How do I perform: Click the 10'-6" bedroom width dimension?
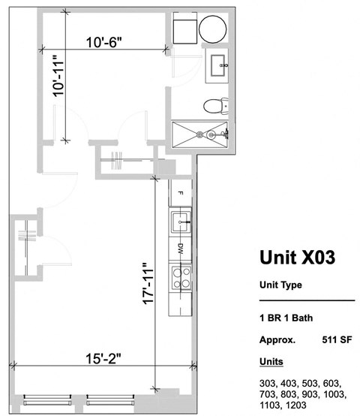(x=104, y=43)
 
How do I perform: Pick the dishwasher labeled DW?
(x=180, y=247)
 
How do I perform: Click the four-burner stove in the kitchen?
(x=179, y=279)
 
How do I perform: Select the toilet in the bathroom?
(x=213, y=106)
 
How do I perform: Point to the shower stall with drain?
(x=200, y=134)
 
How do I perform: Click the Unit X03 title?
(x=296, y=258)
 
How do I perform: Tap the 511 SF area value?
(x=337, y=339)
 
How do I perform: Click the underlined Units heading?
(x=271, y=361)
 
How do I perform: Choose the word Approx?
(x=277, y=339)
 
